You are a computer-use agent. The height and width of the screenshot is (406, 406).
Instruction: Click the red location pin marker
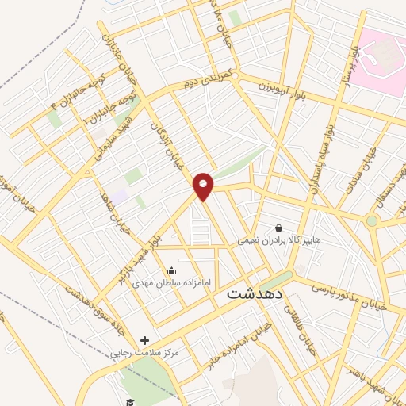[204, 186]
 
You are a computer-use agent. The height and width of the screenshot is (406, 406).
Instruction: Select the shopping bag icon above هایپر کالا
[278, 227]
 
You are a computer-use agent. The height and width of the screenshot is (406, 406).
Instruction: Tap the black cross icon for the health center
[144, 339]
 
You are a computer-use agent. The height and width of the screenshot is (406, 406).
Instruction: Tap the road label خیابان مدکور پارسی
[348, 294]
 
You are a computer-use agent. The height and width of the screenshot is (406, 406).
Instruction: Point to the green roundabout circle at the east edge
[372, 220]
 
